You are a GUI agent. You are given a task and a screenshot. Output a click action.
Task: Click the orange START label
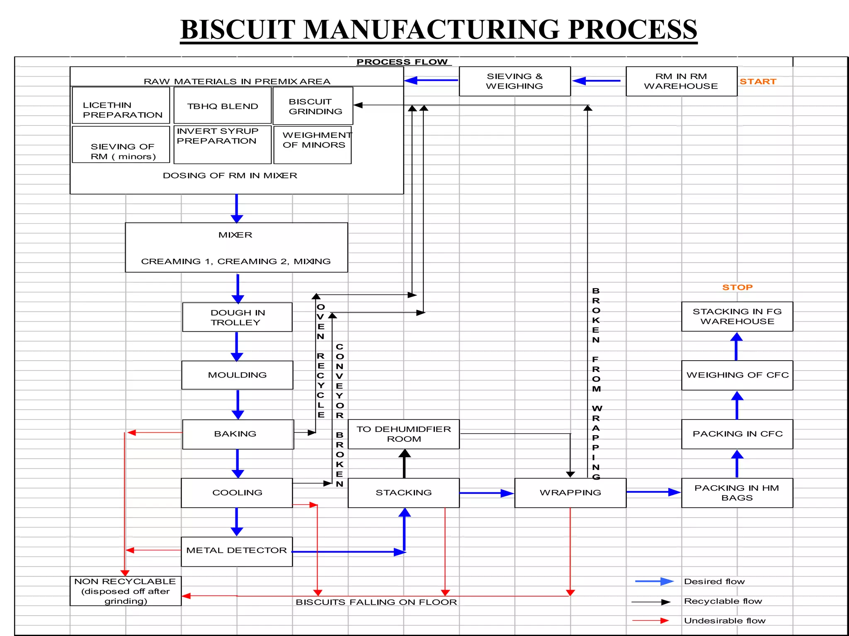pos(758,82)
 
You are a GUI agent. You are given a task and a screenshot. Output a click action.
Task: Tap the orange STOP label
pos(737,287)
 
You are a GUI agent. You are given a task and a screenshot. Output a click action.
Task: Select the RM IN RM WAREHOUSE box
pos(681,81)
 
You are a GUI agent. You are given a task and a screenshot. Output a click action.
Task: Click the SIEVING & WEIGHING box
pos(514,81)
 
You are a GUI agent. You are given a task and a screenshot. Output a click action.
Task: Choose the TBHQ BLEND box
pos(223,106)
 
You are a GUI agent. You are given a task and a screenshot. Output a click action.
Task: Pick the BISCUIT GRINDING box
pos(313,106)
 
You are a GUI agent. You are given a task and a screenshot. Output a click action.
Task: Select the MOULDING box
pos(237,375)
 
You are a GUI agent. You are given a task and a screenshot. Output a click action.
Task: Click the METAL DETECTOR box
pos(237,551)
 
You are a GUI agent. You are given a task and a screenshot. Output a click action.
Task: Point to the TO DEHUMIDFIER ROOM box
pos(404,434)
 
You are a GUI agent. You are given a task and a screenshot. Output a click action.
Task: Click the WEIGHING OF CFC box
pos(737,375)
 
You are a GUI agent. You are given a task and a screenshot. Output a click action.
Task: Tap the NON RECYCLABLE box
pos(126,591)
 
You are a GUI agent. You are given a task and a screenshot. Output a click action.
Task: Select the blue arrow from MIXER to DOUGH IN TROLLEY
pos(238,288)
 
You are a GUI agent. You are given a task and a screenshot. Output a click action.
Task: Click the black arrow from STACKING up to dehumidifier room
pos(405,464)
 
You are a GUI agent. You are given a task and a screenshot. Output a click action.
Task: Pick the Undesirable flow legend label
pos(724,621)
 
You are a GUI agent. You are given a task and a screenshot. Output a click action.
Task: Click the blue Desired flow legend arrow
pos(654,581)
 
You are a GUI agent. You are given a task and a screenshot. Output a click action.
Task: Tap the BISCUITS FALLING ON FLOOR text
pos(376,602)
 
